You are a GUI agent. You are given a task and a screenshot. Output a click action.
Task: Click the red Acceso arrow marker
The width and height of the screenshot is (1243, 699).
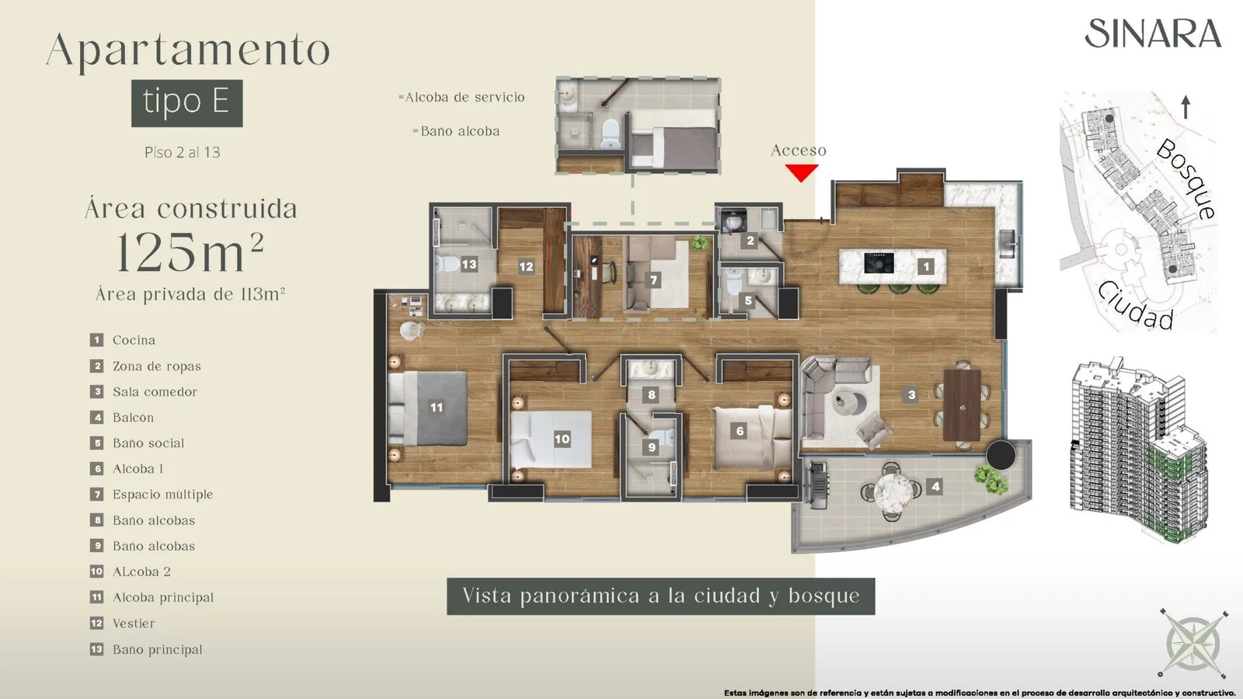[801, 172]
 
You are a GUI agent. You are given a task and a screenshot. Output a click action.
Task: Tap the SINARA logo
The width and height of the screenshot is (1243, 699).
[1153, 34]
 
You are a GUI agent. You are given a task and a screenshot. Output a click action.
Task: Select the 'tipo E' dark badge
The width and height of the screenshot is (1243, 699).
[187, 103]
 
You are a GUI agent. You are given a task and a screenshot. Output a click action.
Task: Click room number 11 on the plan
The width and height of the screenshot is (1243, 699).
[437, 407]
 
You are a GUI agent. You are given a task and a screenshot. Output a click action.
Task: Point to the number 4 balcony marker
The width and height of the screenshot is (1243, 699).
[935, 486]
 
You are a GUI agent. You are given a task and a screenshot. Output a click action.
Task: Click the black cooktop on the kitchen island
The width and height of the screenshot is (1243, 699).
[879, 263]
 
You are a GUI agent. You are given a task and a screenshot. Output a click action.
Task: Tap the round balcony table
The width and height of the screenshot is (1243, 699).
[893, 491]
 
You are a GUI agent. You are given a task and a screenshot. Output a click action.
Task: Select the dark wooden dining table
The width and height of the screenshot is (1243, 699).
[962, 405]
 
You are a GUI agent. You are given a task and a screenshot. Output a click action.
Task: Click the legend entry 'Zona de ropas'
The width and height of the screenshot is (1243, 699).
[156, 366]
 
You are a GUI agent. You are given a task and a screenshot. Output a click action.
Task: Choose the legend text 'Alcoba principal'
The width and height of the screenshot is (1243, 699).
[163, 597]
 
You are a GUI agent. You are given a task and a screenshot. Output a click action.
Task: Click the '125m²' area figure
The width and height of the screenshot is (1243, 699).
[190, 252]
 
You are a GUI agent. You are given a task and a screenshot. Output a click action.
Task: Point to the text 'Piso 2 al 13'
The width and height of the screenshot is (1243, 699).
[182, 152]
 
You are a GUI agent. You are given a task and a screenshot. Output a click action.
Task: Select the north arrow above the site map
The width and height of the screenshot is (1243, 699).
[1186, 107]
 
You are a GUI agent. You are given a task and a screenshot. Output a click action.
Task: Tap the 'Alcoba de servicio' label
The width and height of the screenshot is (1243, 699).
[465, 98]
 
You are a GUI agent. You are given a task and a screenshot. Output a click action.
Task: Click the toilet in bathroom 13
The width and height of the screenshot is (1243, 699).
[447, 264]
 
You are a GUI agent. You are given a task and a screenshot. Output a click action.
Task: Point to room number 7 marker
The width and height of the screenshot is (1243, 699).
[653, 280]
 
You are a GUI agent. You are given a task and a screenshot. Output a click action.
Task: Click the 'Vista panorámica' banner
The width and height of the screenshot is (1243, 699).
[661, 596]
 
